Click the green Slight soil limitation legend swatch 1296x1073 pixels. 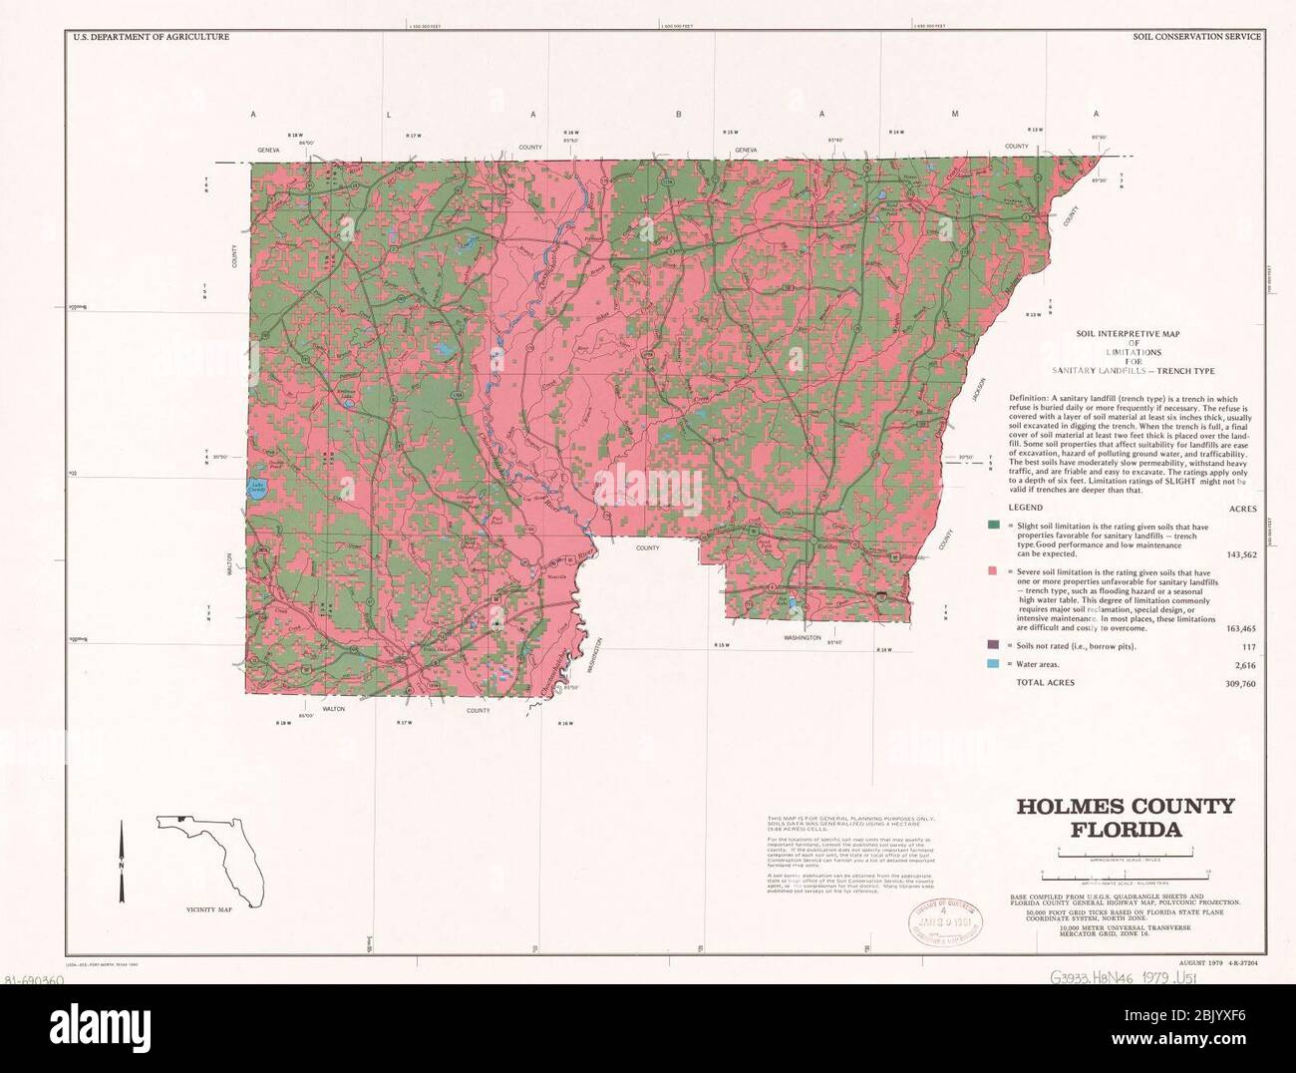tap(994, 526)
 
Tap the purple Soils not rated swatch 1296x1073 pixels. tap(994, 646)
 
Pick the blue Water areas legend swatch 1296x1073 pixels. tap(994, 664)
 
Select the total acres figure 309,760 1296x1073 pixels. tap(1236, 684)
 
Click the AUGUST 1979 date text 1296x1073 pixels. tap(1199, 962)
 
